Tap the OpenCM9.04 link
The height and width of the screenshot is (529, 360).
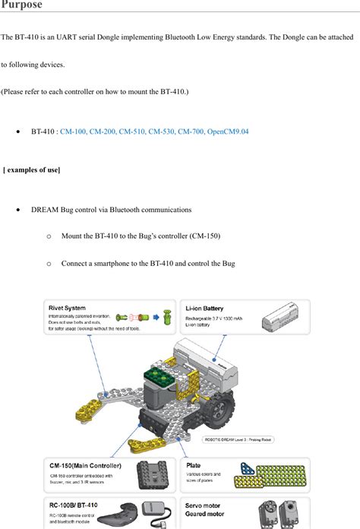tap(228, 131)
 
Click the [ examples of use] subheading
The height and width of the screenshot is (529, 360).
tap(32, 169)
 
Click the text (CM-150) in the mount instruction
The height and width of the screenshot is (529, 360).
tap(205, 236)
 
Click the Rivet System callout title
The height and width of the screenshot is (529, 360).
tap(67, 308)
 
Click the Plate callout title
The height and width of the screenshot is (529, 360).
tap(194, 465)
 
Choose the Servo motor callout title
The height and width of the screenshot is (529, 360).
tap(204, 504)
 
